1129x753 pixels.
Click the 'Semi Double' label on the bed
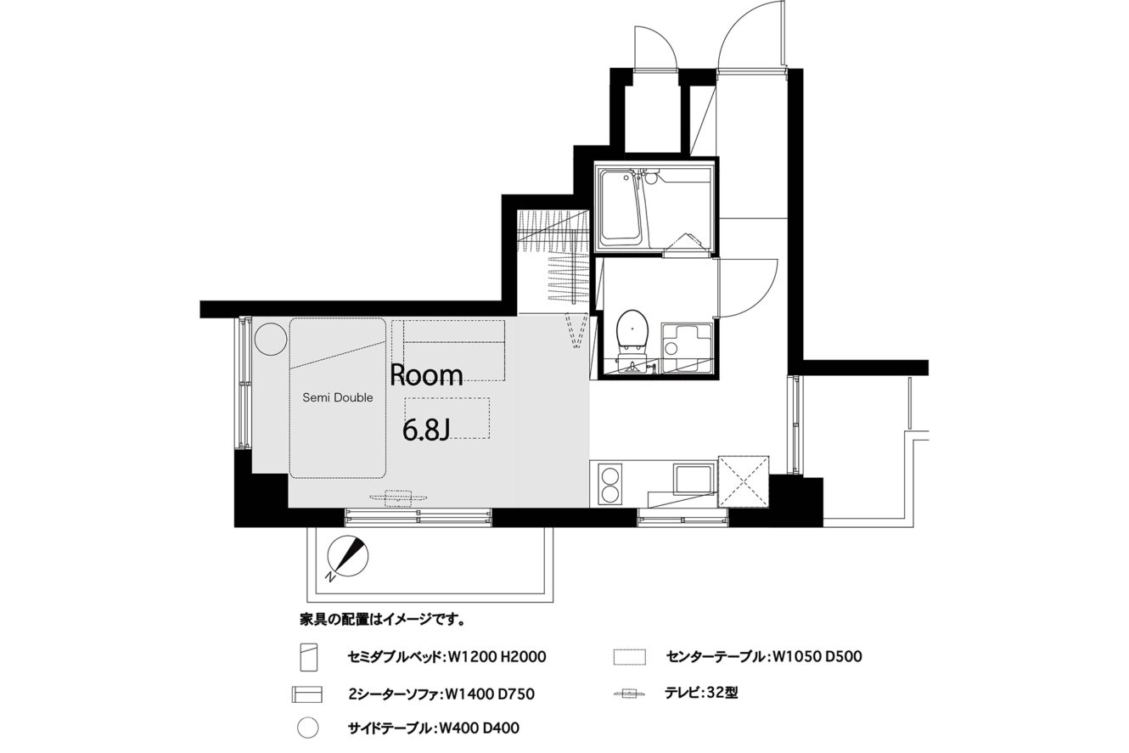click(x=338, y=397)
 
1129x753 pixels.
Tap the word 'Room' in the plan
click(x=426, y=375)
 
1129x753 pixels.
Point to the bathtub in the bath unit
click(x=621, y=208)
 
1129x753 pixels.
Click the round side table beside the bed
click(x=271, y=339)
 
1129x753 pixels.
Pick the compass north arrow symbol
click(x=347, y=557)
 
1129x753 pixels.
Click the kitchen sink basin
click(x=693, y=480)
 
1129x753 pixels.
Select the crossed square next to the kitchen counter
click(x=744, y=481)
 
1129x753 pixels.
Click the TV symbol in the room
click(x=398, y=498)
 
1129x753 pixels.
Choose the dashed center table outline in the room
click(x=447, y=418)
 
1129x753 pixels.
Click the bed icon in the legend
click(x=308, y=657)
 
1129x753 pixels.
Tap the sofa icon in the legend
click(x=307, y=694)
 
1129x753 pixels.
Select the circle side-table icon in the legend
click(x=307, y=728)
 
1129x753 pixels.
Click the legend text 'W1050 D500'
click(x=817, y=656)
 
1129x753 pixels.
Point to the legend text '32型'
click(x=722, y=693)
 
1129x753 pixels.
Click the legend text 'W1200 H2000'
click(x=497, y=657)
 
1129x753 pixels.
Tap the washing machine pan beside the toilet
click(x=687, y=348)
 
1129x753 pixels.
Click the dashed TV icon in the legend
click(x=629, y=694)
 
